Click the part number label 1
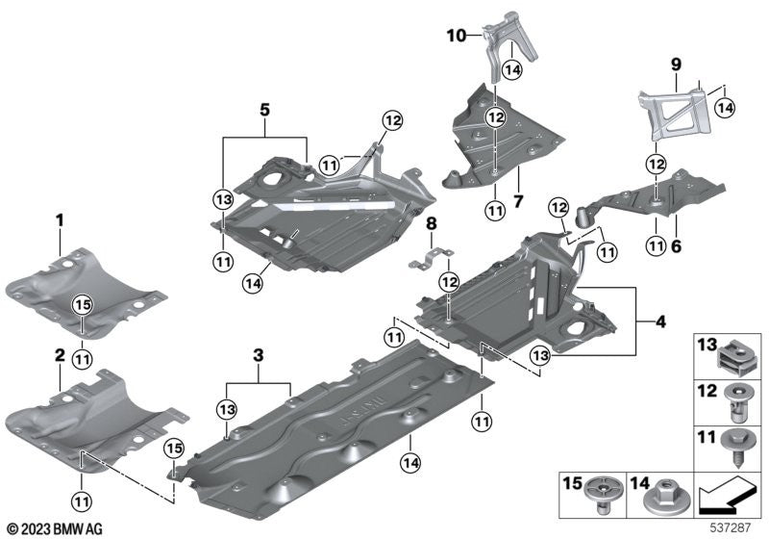click(x=59, y=220)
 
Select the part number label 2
click(x=59, y=355)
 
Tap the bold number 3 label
click(x=258, y=356)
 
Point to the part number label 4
click(x=660, y=321)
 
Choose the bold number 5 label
click(x=262, y=110)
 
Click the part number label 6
click(x=675, y=247)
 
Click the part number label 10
click(x=456, y=36)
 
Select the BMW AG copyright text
click(x=55, y=528)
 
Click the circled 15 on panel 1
click(x=83, y=305)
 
